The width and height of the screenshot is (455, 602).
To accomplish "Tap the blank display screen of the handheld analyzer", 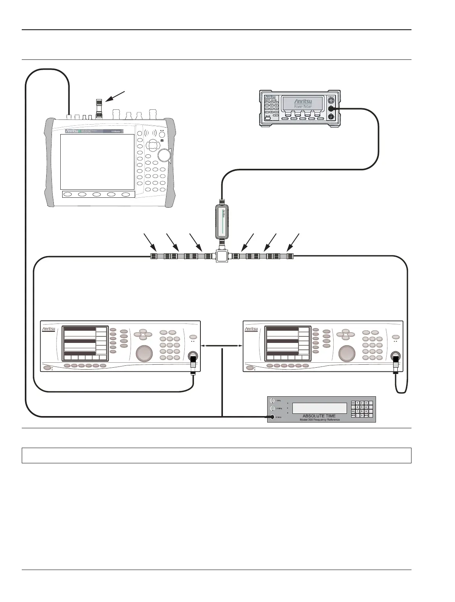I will [x=97, y=162].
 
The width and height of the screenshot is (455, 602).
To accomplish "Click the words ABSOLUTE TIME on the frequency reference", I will [x=319, y=416].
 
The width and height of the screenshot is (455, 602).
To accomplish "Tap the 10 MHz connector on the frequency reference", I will [x=273, y=417].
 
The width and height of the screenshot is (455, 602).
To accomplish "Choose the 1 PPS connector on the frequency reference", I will [x=273, y=400].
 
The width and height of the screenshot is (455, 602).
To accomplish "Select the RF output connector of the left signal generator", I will [x=193, y=356].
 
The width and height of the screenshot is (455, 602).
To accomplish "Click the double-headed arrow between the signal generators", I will [x=222, y=346].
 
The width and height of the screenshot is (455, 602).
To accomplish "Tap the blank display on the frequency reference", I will [x=319, y=408].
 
